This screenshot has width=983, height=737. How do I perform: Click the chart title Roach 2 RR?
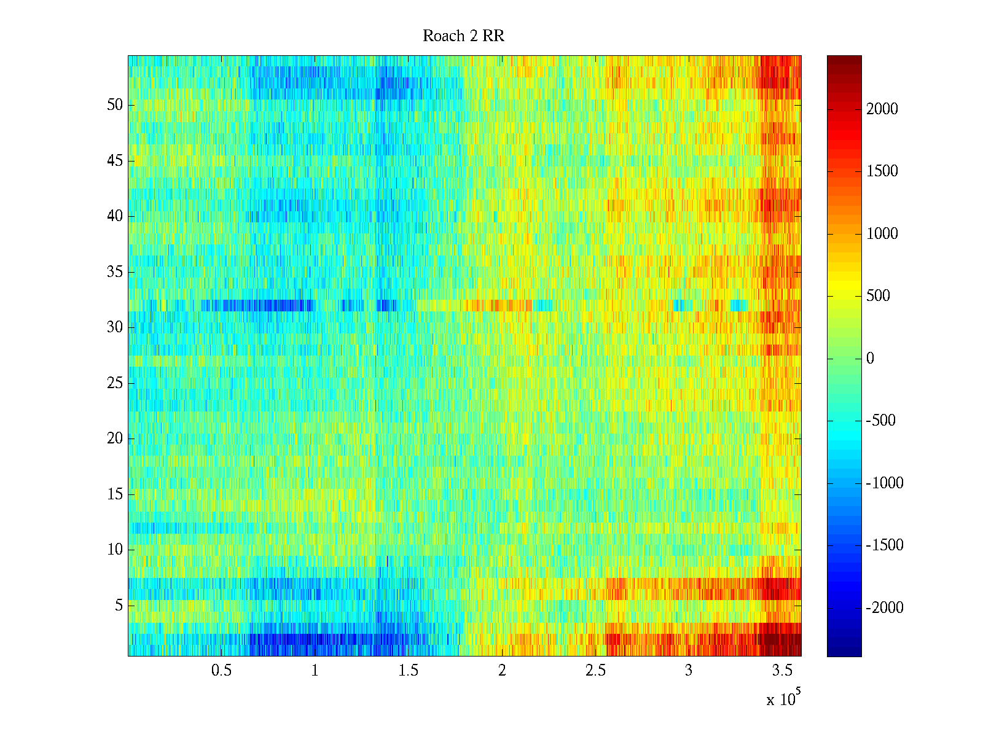click(463, 36)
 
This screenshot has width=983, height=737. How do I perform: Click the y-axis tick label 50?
click(115, 105)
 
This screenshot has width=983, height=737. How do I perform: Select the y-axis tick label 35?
click(115, 272)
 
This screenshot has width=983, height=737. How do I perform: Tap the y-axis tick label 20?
click(115, 439)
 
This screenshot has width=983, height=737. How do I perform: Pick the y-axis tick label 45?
click(115, 161)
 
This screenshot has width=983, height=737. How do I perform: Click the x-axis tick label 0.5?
click(221, 671)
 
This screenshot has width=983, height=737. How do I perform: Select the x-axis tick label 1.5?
click(409, 671)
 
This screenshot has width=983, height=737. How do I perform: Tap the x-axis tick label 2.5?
click(595, 671)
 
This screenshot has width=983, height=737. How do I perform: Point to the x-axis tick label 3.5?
click(783, 671)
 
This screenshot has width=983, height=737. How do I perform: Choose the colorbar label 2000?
click(882, 109)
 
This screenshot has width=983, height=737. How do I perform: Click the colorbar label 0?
click(870, 359)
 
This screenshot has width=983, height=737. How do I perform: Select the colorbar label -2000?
click(885, 608)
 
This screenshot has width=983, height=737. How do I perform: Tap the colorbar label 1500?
click(882, 171)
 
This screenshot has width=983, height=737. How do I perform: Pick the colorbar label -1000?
click(885, 483)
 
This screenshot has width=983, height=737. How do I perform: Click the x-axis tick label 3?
click(689, 671)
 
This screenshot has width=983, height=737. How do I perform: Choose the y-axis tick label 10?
click(115, 550)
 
